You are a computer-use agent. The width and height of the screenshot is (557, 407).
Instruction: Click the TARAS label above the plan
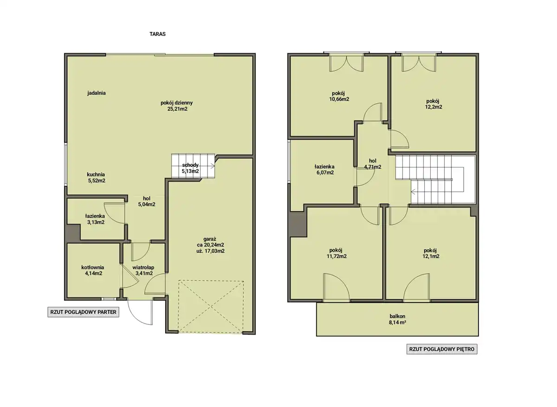157,34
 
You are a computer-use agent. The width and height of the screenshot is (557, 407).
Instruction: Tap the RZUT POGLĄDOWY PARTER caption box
83,312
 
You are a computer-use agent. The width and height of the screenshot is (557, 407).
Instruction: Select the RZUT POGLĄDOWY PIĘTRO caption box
442,349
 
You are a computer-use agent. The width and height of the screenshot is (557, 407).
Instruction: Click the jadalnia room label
97,93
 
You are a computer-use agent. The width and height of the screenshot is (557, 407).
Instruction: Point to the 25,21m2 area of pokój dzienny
177,109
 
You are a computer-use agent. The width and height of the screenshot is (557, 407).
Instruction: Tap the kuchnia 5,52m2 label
96,178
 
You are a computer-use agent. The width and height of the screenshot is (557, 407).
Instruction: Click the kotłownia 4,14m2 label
93,271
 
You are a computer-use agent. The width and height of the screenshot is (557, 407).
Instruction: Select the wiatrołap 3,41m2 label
143,271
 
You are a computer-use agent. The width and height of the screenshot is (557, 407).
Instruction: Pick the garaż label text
210,239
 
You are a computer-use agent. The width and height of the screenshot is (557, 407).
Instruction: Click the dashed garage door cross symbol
211,307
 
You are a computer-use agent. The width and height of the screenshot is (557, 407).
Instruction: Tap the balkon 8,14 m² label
397,319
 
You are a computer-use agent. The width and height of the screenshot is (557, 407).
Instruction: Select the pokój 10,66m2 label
339,96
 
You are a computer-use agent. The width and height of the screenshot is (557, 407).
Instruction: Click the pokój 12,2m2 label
433,104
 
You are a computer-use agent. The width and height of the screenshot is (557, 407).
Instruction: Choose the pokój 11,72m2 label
337,253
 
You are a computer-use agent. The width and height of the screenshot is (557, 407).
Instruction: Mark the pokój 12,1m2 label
431,253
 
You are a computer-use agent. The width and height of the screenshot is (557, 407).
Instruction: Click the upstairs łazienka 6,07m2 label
325,169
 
